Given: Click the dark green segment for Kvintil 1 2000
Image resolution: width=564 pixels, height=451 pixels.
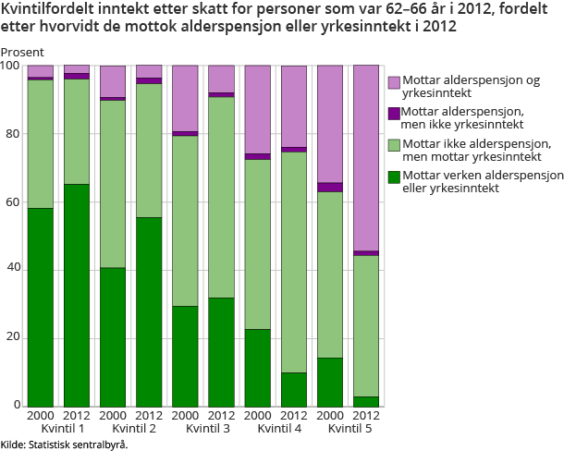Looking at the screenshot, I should (40, 307).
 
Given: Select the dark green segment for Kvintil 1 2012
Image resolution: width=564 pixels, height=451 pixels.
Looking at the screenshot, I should (76, 295).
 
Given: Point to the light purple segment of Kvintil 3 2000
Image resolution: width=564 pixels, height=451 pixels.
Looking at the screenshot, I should (185, 99).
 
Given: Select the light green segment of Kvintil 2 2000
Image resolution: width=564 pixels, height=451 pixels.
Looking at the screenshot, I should (112, 183).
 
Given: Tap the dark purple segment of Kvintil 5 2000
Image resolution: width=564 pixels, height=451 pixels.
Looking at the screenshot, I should (330, 188).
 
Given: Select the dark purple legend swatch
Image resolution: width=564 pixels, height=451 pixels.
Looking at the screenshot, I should (395, 112).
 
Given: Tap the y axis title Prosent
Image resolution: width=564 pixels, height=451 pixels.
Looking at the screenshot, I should (21, 53).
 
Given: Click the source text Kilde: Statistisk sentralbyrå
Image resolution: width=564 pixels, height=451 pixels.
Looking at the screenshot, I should (64, 445).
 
